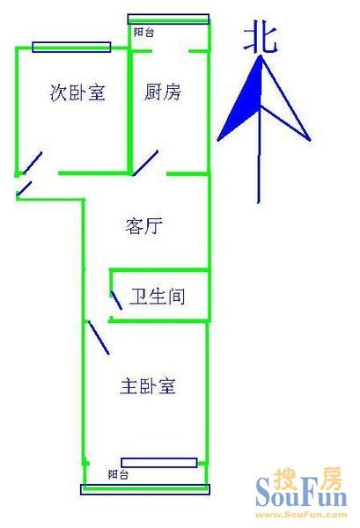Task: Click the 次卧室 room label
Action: click(x=77, y=92)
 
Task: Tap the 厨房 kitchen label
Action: click(x=163, y=92)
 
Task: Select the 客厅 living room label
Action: click(x=143, y=225)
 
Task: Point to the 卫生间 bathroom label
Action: click(x=158, y=297)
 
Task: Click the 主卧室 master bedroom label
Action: click(x=148, y=386)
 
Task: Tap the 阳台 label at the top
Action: click(x=143, y=33)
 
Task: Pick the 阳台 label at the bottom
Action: click(x=118, y=474)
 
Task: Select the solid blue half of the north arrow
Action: click(x=241, y=101)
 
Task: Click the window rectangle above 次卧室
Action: click(x=71, y=48)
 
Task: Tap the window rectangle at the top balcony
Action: click(x=168, y=18)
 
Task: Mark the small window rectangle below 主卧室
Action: click(x=159, y=463)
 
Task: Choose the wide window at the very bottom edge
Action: click(x=145, y=489)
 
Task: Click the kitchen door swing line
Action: click(x=145, y=163)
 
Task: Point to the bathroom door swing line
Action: click(x=116, y=301)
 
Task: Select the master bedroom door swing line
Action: click(x=99, y=337)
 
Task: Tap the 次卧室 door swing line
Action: click(x=33, y=163)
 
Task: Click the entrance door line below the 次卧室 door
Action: click(x=25, y=188)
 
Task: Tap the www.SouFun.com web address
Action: click(x=301, y=514)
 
